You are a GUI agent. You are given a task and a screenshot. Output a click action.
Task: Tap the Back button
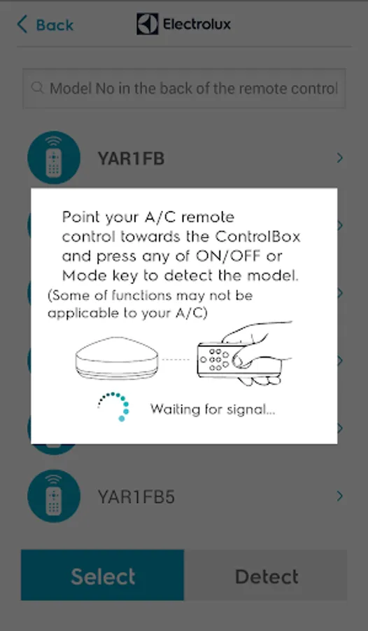45,25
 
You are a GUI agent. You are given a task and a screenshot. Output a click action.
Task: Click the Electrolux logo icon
147,24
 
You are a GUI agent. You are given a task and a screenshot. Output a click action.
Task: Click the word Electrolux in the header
197,24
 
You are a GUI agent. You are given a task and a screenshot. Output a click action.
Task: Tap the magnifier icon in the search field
37,88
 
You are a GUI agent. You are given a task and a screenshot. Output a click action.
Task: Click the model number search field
184,88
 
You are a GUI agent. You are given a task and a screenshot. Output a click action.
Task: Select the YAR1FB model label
131,158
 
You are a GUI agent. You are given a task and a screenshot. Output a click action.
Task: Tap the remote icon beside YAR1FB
54,157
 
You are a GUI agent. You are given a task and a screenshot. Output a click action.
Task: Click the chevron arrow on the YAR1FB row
340,158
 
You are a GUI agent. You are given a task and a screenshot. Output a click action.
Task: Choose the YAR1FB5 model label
136,497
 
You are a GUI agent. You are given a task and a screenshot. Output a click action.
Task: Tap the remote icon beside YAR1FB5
54,496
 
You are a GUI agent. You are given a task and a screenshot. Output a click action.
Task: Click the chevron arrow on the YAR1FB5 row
340,496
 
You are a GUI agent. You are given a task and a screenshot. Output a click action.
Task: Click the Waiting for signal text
213,409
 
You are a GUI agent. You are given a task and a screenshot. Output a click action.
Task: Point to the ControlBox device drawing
117,358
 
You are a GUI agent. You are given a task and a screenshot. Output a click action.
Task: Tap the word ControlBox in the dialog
257,236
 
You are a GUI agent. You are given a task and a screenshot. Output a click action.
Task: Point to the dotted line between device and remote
175,359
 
